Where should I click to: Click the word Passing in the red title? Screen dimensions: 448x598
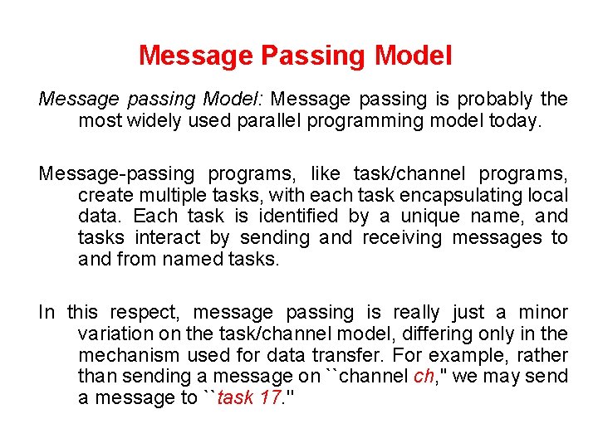tap(315, 56)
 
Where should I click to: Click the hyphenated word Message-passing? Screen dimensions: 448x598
tap(116, 174)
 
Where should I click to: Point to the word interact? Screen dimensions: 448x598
tap(168, 238)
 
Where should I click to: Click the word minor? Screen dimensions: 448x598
tap(543, 313)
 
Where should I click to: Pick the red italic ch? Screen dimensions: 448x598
tap(423, 377)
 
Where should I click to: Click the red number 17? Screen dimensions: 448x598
tap(270, 398)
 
